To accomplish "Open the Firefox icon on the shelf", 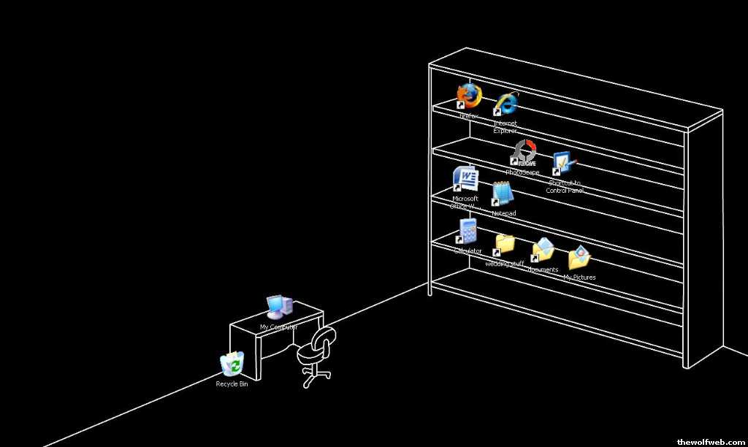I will pos(469,95).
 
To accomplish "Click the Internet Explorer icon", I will pos(505,104).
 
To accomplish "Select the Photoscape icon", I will pos(523,153).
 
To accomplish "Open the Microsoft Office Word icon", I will pos(465,179).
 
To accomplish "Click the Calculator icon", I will pos(467,231).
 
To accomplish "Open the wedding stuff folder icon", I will pos(504,244).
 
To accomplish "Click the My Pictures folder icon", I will pos(579,258).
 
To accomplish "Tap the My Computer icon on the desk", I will pos(278,307).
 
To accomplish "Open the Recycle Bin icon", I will pos(232,364).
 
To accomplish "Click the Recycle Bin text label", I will pos(232,383).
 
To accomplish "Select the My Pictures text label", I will pos(579,278).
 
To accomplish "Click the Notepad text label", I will pos(503,213).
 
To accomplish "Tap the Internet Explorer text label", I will pos(505,127).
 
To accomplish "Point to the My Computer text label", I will pos(278,327).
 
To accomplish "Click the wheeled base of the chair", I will pos(316,378).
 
